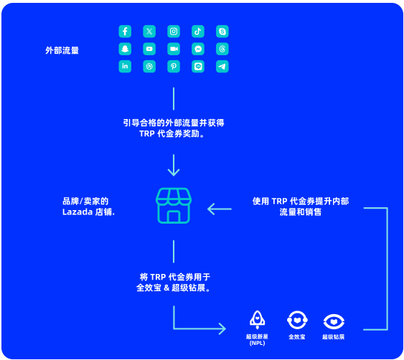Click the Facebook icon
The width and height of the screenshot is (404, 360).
point(125,32)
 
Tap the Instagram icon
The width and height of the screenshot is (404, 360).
point(174,32)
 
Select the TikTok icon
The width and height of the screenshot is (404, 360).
point(198,32)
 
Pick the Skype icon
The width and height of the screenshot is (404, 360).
point(222,32)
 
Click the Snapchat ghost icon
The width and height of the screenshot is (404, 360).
point(125,49)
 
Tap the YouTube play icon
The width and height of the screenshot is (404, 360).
point(149,49)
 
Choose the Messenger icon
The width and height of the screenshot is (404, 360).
point(198,49)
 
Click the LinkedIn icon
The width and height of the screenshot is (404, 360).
point(125,67)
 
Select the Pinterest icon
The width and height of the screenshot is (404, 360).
point(174,67)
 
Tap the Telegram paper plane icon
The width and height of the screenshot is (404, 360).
point(222,67)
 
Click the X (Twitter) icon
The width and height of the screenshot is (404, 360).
point(149,32)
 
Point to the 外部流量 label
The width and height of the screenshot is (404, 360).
point(62,50)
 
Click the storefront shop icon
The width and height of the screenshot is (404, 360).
point(174,206)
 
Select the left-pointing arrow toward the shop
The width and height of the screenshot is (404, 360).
point(220,209)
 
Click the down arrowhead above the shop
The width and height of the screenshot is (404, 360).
point(174,172)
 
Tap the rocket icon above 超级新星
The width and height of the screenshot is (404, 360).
point(257,320)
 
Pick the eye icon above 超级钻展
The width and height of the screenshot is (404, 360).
point(334,321)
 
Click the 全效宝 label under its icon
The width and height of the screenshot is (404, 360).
point(297,336)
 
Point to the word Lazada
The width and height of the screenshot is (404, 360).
point(77,212)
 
